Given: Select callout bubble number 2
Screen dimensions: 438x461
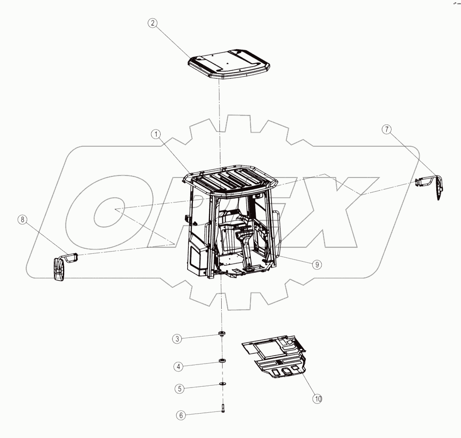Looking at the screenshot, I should pyautogui.click(x=152, y=24).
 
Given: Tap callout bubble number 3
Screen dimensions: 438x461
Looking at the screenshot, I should pyautogui.click(x=177, y=339).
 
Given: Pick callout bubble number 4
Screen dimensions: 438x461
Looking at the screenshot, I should pyautogui.click(x=178, y=367).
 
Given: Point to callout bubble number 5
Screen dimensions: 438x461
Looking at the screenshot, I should pyautogui.click(x=179, y=389).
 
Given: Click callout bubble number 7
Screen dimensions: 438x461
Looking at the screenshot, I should pyautogui.click(x=386, y=129).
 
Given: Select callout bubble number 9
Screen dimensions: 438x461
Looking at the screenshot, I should pyautogui.click(x=316, y=264).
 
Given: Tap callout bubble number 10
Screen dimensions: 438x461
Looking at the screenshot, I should pyautogui.click(x=317, y=399).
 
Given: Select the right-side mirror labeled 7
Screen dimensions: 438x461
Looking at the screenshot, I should pyautogui.click(x=434, y=186).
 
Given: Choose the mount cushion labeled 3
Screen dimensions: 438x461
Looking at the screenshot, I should pyautogui.click(x=221, y=333).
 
